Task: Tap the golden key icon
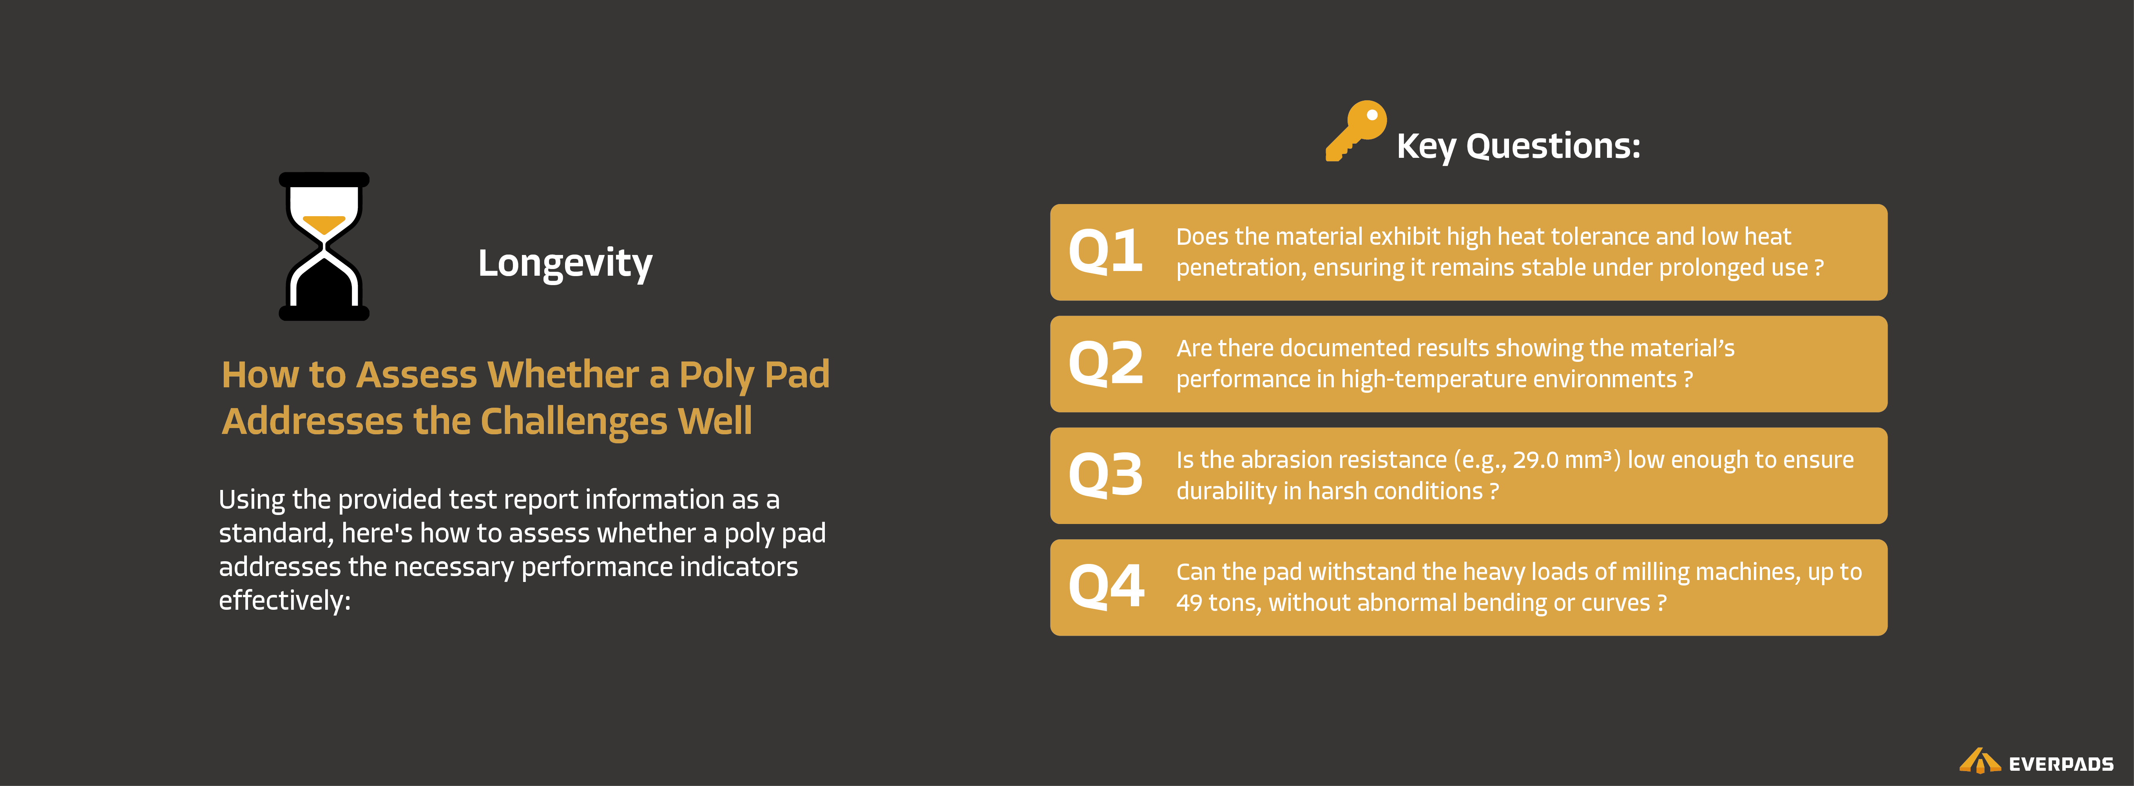(x=1355, y=131)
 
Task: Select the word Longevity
(x=565, y=264)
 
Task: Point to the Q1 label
(x=1105, y=252)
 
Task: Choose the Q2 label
(x=1105, y=363)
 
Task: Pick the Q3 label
(x=1105, y=475)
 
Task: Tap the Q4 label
(x=1105, y=587)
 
